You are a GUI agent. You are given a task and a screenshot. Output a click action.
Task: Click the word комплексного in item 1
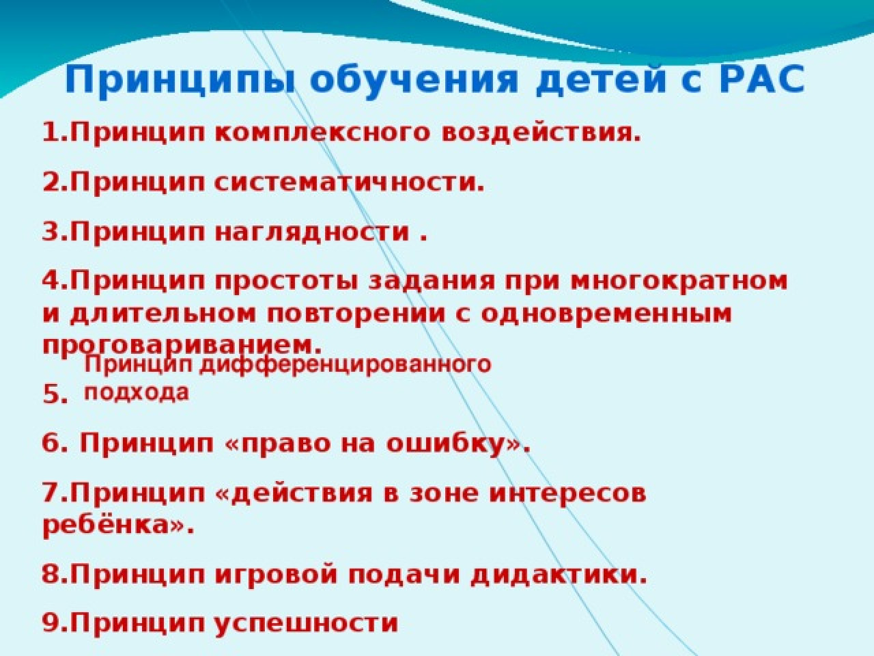click(x=322, y=133)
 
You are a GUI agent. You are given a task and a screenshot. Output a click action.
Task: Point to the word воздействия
click(x=541, y=134)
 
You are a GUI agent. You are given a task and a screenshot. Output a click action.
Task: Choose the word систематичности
click(x=349, y=183)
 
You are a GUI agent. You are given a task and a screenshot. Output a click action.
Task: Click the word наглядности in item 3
click(x=312, y=233)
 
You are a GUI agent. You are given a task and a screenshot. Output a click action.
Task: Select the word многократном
click(x=679, y=281)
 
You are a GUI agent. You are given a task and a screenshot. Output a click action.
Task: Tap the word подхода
click(x=136, y=393)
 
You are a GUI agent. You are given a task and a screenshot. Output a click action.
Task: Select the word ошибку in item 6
click(x=446, y=443)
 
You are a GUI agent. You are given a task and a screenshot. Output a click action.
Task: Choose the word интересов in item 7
click(x=567, y=494)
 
